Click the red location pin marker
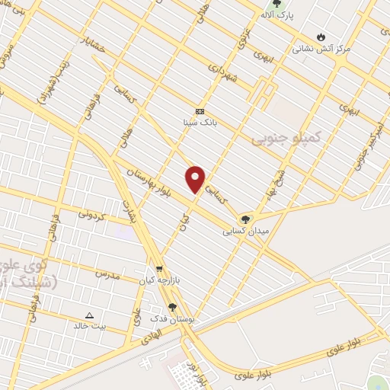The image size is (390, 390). click(196, 179)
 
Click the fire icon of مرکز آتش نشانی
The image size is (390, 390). click(321, 36)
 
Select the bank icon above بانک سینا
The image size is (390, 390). click(200, 110)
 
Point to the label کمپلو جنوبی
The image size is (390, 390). click(287, 138)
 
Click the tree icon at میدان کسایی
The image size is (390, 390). click(245, 219)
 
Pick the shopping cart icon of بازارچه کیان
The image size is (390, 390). click(159, 269)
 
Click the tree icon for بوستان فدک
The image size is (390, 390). click(173, 308)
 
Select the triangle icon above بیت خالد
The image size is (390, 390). click(89, 315)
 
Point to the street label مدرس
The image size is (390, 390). click(107, 273)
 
